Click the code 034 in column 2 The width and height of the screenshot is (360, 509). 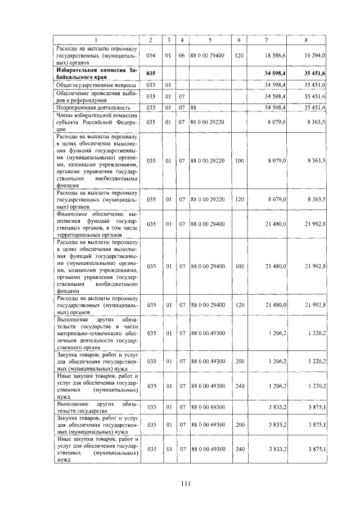pyautogui.click(x=150, y=56)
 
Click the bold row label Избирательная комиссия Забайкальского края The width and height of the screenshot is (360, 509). pyautogui.click(x=96, y=73)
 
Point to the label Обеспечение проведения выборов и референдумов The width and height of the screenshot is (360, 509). pyautogui.click(x=96, y=96)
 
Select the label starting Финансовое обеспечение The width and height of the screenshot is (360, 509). pyautogui.click(x=96, y=224)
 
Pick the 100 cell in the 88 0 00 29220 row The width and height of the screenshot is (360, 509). pyautogui.click(x=239, y=161)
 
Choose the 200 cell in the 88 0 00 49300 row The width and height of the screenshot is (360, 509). pyautogui.click(x=239, y=362)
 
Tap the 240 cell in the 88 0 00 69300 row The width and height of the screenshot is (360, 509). pyautogui.click(x=239, y=449)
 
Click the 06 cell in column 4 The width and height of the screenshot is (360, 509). pyautogui.click(x=182, y=56)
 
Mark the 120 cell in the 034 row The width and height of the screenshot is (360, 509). pyautogui.click(x=239, y=56)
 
